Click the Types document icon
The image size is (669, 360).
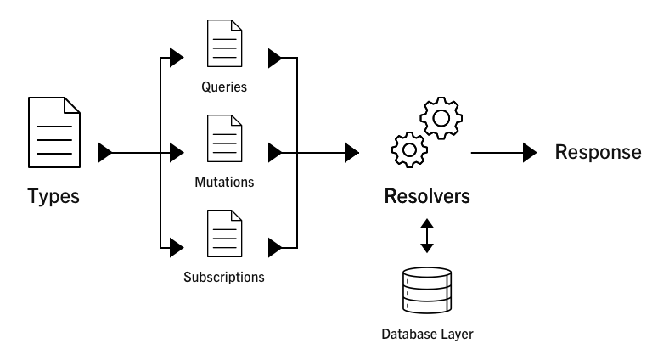54,132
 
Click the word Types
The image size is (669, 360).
53,196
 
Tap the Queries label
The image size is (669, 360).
224,86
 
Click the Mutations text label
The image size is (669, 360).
224,181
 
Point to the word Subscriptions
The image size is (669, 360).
224,277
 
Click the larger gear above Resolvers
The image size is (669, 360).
440,118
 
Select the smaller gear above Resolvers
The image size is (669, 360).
409,149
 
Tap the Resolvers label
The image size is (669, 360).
427,197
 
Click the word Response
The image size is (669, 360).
598,152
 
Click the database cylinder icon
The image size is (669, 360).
427,292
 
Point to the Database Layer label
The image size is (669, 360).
427,334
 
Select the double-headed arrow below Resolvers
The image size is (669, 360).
427,235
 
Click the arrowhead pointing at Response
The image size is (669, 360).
530,153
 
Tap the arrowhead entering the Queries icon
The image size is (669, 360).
177,59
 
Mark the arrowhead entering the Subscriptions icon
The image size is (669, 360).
177,248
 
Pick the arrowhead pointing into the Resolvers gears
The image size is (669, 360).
351,153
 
